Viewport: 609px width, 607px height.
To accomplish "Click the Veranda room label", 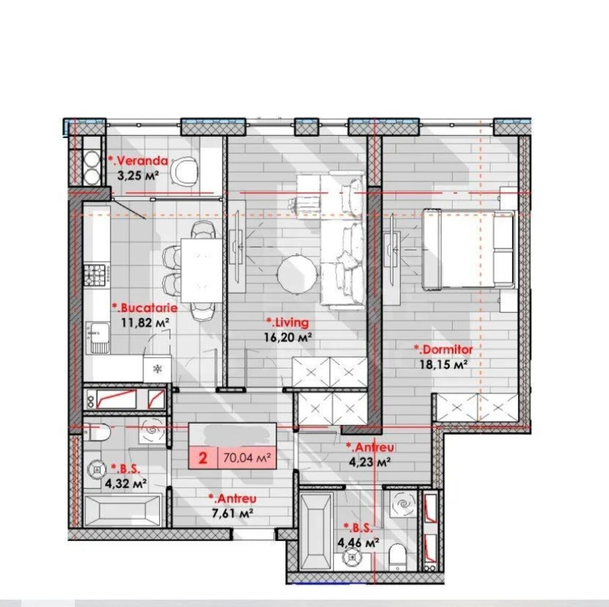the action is pyautogui.click(x=138, y=160).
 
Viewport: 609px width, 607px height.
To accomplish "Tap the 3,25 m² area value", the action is pyautogui.click(x=138, y=175).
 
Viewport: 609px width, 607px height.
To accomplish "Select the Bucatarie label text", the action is pyautogui.click(x=145, y=308).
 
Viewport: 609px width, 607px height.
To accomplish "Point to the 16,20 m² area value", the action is pyautogui.click(x=288, y=337).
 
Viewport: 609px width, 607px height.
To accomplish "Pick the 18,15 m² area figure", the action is pyautogui.click(x=443, y=364).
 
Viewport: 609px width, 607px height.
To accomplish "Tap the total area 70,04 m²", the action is pyautogui.click(x=247, y=458).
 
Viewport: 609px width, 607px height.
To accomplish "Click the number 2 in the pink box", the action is pyautogui.click(x=203, y=458).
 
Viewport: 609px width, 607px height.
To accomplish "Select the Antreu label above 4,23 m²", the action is pyautogui.click(x=370, y=447).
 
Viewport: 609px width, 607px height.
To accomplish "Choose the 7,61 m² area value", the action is pyautogui.click(x=232, y=513).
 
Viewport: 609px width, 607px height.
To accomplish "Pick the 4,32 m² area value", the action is pyautogui.click(x=126, y=484).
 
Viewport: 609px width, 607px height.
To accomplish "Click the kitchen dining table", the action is pyautogui.click(x=202, y=270).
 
